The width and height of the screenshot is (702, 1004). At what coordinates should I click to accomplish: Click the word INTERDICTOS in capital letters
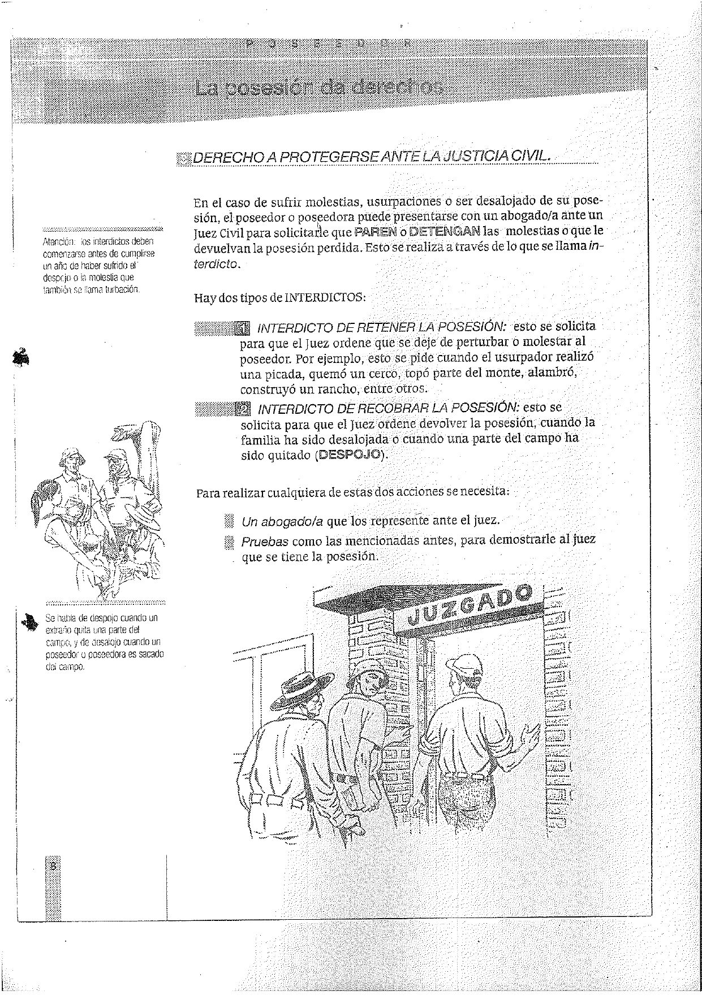(325, 297)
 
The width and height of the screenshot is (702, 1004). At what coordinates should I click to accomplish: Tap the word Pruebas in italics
(265, 542)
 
